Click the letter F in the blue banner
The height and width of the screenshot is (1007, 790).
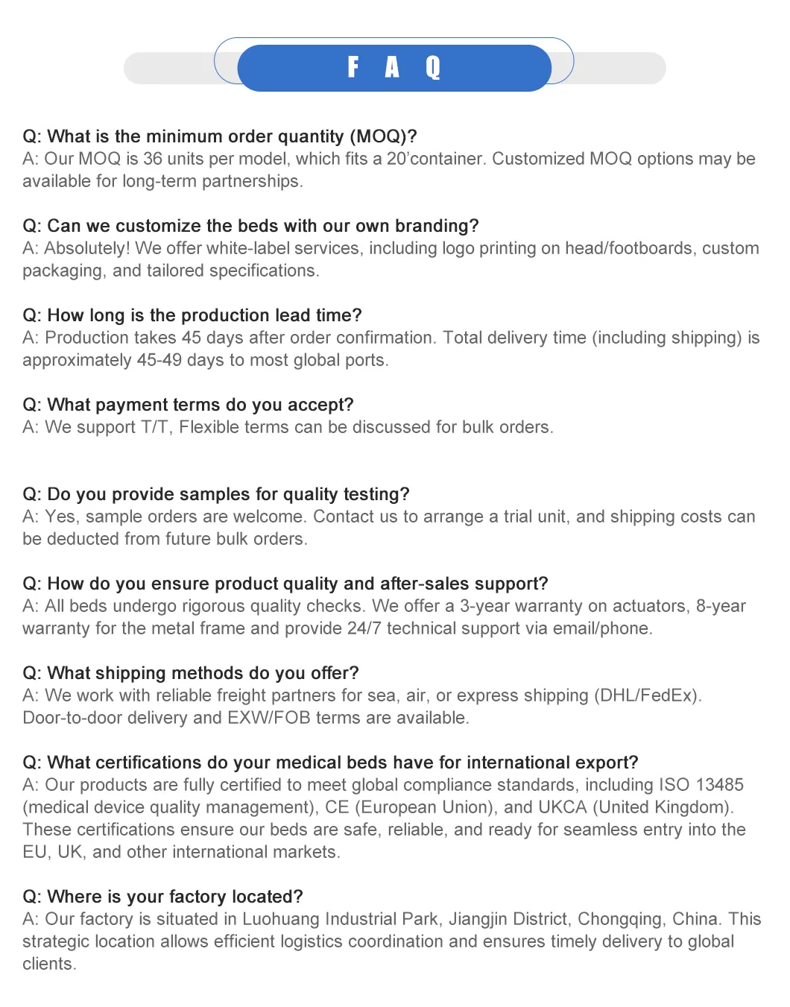click(x=353, y=67)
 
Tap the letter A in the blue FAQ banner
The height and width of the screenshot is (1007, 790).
click(x=392, y=68)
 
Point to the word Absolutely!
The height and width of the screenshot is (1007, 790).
click(x=86, y=248)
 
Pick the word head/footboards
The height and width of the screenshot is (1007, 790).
click(x=628, y=248)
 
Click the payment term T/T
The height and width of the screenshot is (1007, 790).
click(x=155, y=427)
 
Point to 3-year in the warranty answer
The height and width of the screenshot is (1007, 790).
click(x=485, y=606)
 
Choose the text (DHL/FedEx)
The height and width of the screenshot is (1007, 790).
click(x=647, y=695)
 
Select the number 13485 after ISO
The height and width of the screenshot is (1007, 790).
click(x=719, y=785)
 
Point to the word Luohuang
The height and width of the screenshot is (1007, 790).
click(x=281, y=919)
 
